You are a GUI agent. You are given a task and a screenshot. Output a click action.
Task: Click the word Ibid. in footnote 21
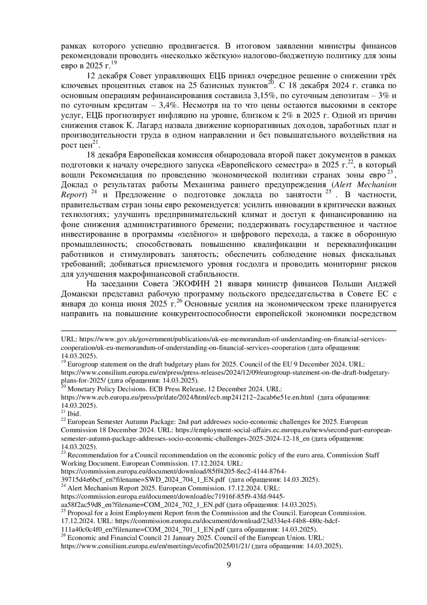click(x=74, y=414)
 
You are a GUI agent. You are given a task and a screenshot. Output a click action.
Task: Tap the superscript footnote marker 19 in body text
click(x=114, y=63)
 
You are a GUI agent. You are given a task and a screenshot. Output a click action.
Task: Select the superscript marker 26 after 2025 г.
click(x=179, y=301)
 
